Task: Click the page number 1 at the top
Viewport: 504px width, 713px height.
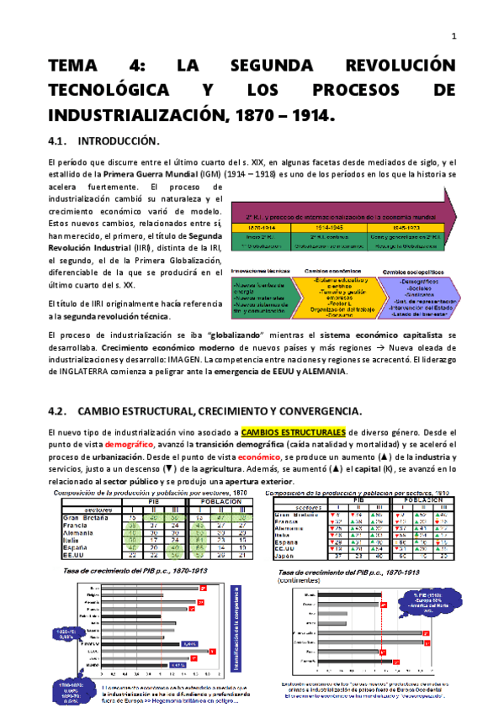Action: point(454,35)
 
